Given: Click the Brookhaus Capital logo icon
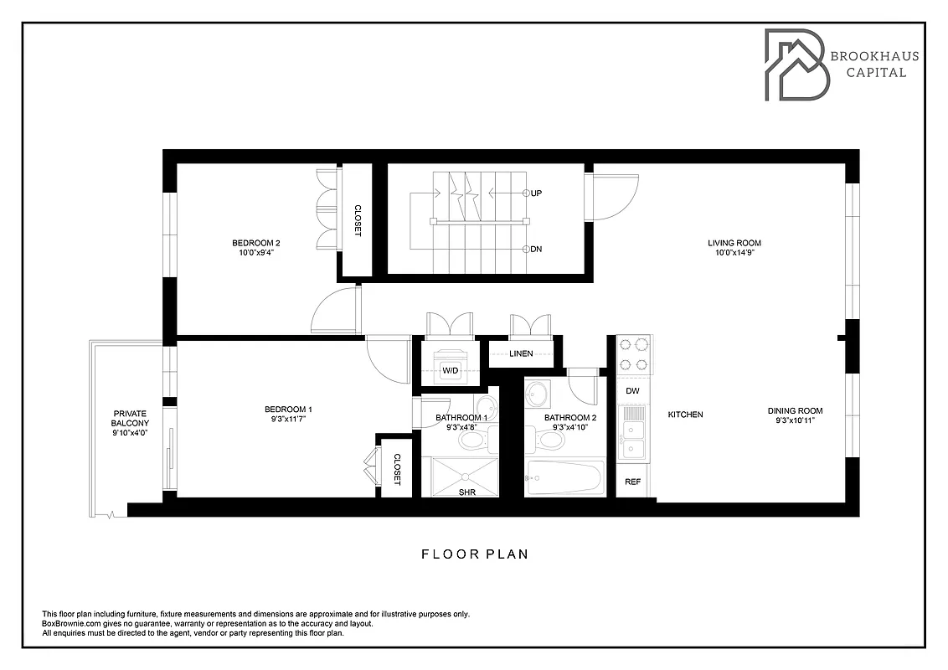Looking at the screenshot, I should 793,65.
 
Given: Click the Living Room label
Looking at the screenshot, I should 734,244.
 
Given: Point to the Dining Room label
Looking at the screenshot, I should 795,410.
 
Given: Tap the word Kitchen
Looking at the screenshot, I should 685,415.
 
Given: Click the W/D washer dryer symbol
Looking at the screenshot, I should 451,369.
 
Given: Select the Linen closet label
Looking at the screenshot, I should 521,353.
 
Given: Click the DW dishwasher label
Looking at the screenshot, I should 632,391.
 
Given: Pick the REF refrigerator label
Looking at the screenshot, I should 632,482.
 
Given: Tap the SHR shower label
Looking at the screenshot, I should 466,492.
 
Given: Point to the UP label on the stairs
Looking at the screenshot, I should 536,193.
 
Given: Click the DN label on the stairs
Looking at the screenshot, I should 536,249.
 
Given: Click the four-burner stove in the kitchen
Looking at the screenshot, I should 634,354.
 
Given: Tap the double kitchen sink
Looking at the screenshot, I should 632,440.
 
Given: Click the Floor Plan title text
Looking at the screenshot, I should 474,554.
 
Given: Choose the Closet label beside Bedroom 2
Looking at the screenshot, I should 357,221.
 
